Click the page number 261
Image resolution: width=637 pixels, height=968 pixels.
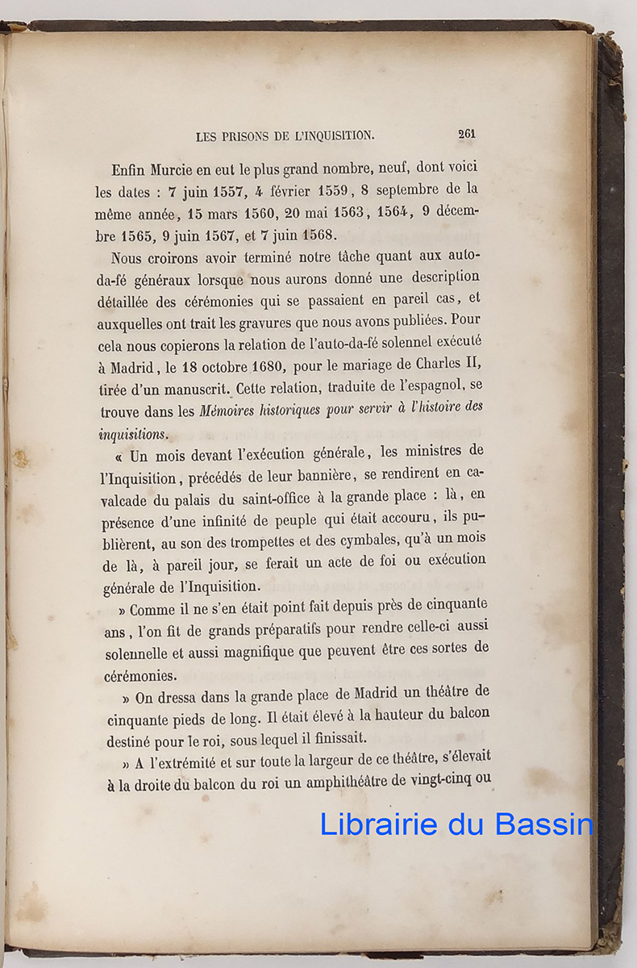pyautogui.click(x=466, y=135)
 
